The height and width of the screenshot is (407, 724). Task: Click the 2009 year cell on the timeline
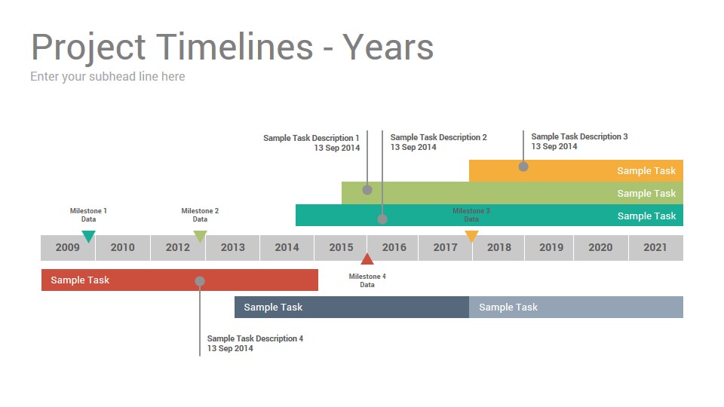coord(68,248)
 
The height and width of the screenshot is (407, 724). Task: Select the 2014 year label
coord(287,247)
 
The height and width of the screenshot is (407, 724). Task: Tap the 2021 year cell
coord(655,248)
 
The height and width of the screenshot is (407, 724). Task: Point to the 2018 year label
coord(499,247)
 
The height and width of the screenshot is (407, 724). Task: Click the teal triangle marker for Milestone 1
coord(88,236)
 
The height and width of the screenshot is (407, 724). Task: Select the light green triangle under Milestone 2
coord(200,236)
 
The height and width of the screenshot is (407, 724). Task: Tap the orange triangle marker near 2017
coord(471,236)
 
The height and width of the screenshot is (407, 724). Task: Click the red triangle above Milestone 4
coord(367,259)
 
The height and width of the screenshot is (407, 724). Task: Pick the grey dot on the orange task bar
coord(523,167)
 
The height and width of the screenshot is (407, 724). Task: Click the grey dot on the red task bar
coord(200,281)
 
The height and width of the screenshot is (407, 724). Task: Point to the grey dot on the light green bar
coord(367,190)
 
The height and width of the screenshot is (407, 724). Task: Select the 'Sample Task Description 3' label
coord(579,136)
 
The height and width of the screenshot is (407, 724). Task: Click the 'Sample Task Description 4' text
coord(255,338)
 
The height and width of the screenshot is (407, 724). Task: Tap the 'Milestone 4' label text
coord(367,277)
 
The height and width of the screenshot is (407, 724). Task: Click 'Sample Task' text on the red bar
coord(80,280)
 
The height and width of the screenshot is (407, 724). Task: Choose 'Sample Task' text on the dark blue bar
coord(273,308)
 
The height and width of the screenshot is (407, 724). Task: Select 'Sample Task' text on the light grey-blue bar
coord(508,308)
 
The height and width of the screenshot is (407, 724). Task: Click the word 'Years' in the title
coord(388,47)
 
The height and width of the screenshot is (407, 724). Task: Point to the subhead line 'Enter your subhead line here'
coord(108,77)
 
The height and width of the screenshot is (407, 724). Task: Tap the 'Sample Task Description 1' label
coord(311,138)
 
